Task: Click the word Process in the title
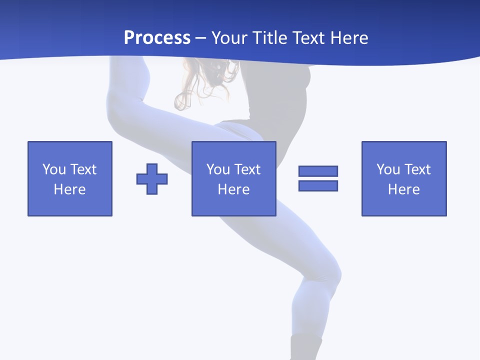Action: [x=157, y=38]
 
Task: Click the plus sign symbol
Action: [x=152, y=179]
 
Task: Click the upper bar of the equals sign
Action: [x=318, y=171]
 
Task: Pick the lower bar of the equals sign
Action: [x=318, y=185]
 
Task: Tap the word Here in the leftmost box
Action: [x=69, y=189]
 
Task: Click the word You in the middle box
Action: [x=218, y=169]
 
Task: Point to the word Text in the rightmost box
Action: [x=417, y=169]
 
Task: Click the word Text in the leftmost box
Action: [x=83, y=169]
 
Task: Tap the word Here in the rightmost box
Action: [x=404, y=189]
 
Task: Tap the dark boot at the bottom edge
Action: [x=305, y=347]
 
